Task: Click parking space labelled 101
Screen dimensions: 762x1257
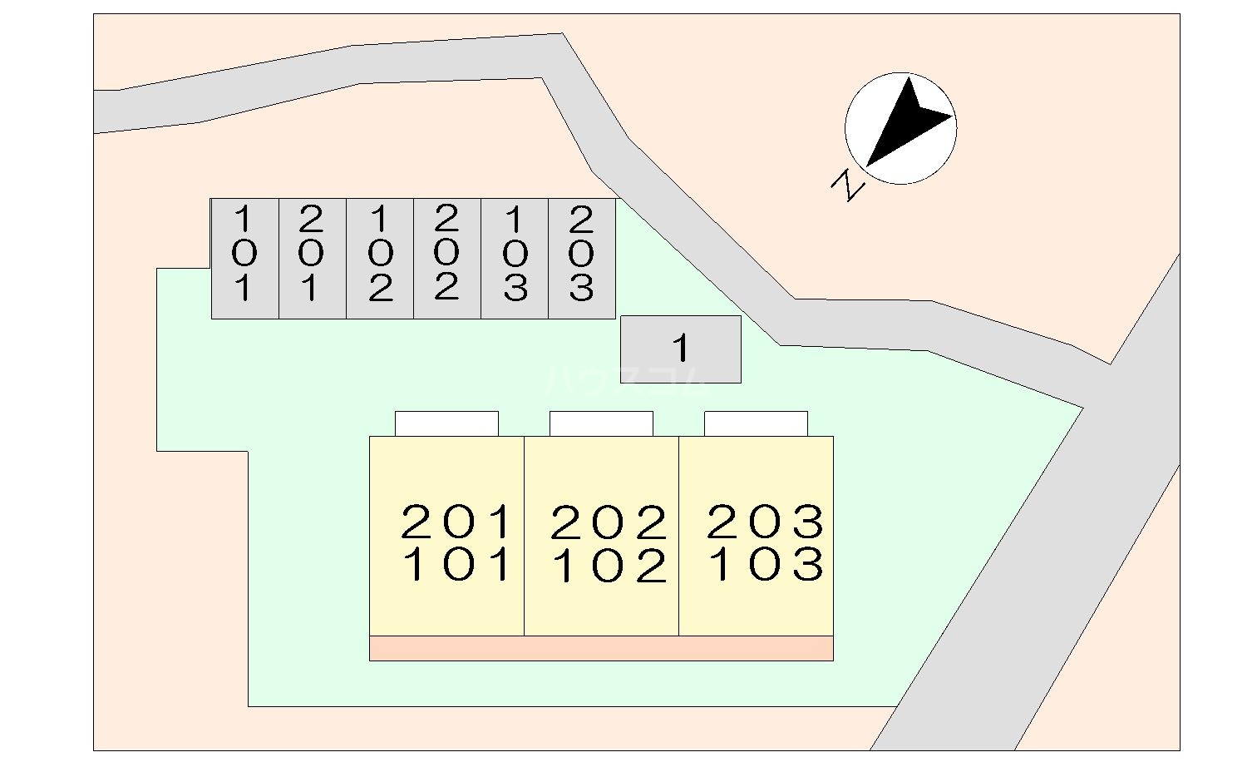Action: coord(244,258)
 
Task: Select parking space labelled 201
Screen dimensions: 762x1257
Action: coord(312,258)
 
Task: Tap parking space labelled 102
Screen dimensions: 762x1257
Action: coord(380,258)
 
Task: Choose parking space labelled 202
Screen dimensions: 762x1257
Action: coord(447,258)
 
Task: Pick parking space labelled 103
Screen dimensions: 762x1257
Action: coord(515,258)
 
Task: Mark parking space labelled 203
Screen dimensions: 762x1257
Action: coord(582,258)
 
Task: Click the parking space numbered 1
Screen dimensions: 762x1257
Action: coord(681,349)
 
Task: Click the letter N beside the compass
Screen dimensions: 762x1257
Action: coord(849,185)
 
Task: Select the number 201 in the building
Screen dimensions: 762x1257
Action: coord(456,522)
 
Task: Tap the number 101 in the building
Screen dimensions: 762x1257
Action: coord(456,565)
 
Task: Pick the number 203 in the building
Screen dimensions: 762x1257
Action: coord(765,522)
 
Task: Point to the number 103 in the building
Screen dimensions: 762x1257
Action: coord(765,565)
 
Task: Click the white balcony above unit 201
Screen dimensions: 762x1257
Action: coord(446,423)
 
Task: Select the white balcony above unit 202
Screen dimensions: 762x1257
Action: coord(601,423)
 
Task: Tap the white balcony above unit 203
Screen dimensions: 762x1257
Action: coord(756,423)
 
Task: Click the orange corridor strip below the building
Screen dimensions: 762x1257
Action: coord(601,648)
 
